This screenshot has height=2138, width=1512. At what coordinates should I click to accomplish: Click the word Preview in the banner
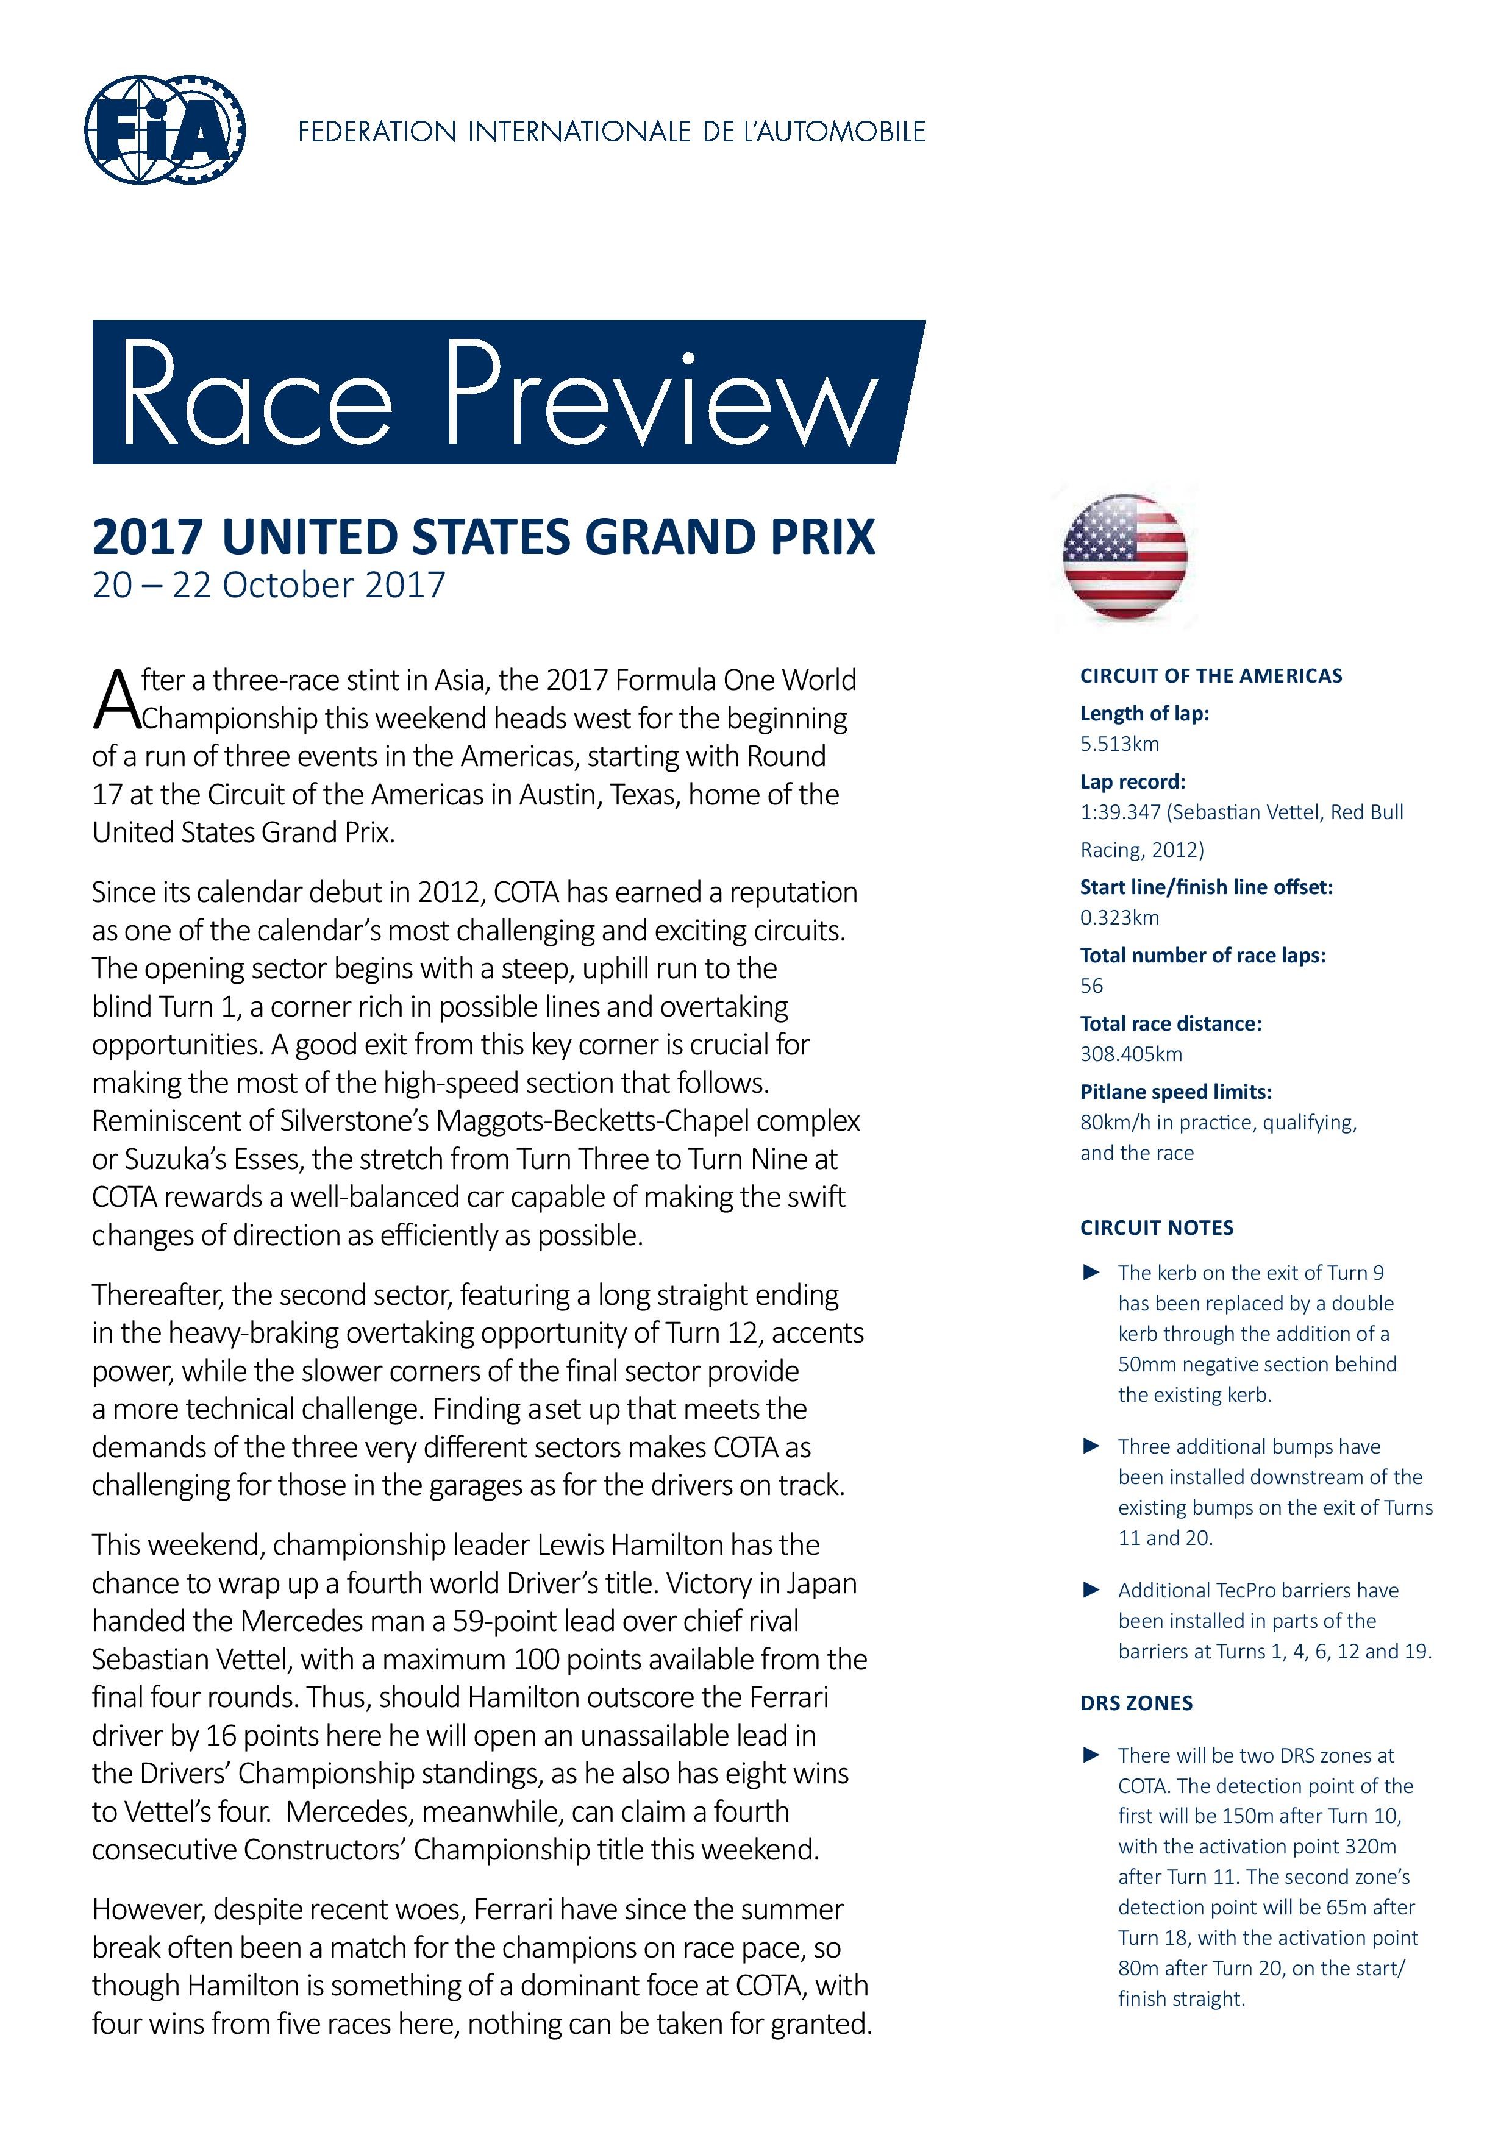pos(660,395)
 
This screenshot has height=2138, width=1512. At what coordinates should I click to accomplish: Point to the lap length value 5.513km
pos(1119,744)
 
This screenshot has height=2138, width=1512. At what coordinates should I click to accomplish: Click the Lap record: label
pos(1132,781)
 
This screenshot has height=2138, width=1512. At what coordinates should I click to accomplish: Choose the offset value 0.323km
pos(1119,917)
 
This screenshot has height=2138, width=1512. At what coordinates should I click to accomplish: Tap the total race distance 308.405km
pos(1130,1054)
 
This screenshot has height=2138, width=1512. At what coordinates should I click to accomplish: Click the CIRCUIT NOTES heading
pos(1156,1227)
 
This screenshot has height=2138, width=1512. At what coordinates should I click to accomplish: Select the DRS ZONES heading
pos(1136,1703)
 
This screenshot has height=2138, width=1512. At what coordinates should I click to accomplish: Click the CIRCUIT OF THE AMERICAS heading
pos(1210,676)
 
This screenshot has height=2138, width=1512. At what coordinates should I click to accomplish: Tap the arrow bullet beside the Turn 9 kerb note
pos(1091,1273)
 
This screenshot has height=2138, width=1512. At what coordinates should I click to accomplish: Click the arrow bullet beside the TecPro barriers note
pos(1091,1591)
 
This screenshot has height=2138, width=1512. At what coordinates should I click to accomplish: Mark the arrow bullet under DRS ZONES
pos(1091,1755)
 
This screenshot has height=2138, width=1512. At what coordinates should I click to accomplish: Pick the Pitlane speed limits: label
pos(1175,1092)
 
